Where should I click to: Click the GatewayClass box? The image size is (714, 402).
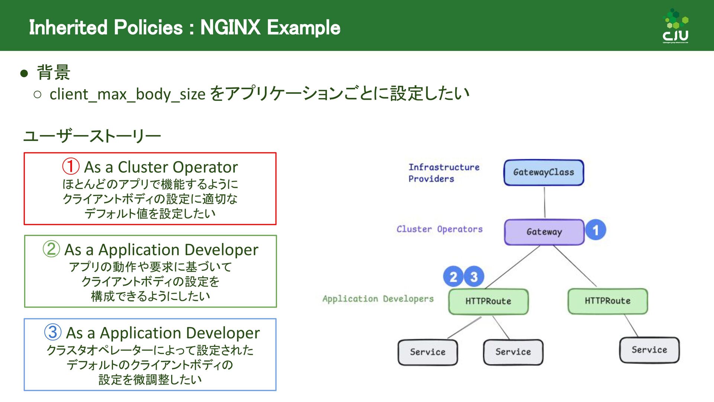[544, 173]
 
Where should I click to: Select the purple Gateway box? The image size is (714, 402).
[544, 232]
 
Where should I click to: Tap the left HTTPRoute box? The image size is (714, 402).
[488, 301]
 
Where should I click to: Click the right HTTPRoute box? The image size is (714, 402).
[608, 301]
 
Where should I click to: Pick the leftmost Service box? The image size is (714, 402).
[428, 352]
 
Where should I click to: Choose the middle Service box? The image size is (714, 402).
[513, 352]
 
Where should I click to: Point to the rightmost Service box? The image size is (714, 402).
[649, 350]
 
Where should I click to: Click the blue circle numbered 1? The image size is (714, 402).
[596, 230]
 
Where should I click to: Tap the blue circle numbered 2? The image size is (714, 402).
[453, 277]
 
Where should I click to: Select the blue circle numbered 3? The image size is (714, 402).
[474, 277]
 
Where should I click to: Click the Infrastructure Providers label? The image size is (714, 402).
[444, 173]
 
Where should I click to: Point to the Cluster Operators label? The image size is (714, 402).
[440, 229]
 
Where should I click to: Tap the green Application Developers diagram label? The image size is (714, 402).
[378, 299]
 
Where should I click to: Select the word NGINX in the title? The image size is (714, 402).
[230, 28]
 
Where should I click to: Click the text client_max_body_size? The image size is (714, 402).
[128, 94]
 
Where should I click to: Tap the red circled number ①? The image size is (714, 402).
[71, 167]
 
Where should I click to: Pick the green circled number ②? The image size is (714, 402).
[51, 249]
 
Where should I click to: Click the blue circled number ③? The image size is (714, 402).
[53, 332]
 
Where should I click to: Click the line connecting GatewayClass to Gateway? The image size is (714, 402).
[544, 202]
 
